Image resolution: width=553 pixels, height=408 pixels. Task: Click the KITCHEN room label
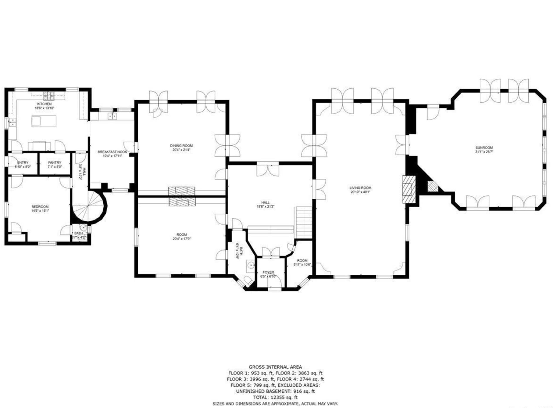pos(44,104)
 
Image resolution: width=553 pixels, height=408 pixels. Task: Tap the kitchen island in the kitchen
pos(44,121)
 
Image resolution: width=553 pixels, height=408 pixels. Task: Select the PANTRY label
pos(55,163)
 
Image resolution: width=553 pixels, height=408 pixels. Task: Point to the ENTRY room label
pos(23,163)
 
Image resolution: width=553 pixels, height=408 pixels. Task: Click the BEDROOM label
pos(40,207)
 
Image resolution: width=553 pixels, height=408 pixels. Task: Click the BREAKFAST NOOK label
pos(112,152)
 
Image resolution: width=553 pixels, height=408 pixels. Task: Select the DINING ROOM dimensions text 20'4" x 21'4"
pos(181,150)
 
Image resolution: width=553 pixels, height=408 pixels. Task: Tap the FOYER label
pos(268,272)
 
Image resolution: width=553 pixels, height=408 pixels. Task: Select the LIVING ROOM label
pos(360,188)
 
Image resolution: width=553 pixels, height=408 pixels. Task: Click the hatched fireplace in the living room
pos(409,189)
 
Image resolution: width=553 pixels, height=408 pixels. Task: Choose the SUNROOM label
pos(484,148)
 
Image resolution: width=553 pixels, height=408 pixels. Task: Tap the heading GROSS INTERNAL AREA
pos(275,367)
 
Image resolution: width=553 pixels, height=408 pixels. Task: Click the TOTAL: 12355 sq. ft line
pos(275,397)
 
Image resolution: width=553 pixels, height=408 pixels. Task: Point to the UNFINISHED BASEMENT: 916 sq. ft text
pos(275,391)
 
